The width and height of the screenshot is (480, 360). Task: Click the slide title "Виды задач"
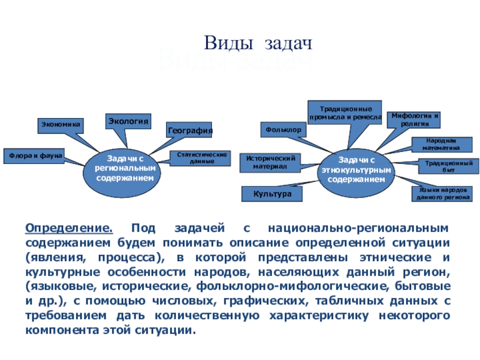click(x=260, y=43)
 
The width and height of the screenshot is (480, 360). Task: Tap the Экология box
click(x=128, y=121)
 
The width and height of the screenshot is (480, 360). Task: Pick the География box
click(x=190, y=130)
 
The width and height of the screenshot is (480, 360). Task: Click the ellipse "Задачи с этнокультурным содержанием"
click(x=356, y=170)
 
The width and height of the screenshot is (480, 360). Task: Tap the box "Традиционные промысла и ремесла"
click(x=344, y=113)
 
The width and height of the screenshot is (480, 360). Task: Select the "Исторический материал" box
click(x=271, y=162)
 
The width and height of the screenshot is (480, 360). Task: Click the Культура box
click(x=272, y=194)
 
